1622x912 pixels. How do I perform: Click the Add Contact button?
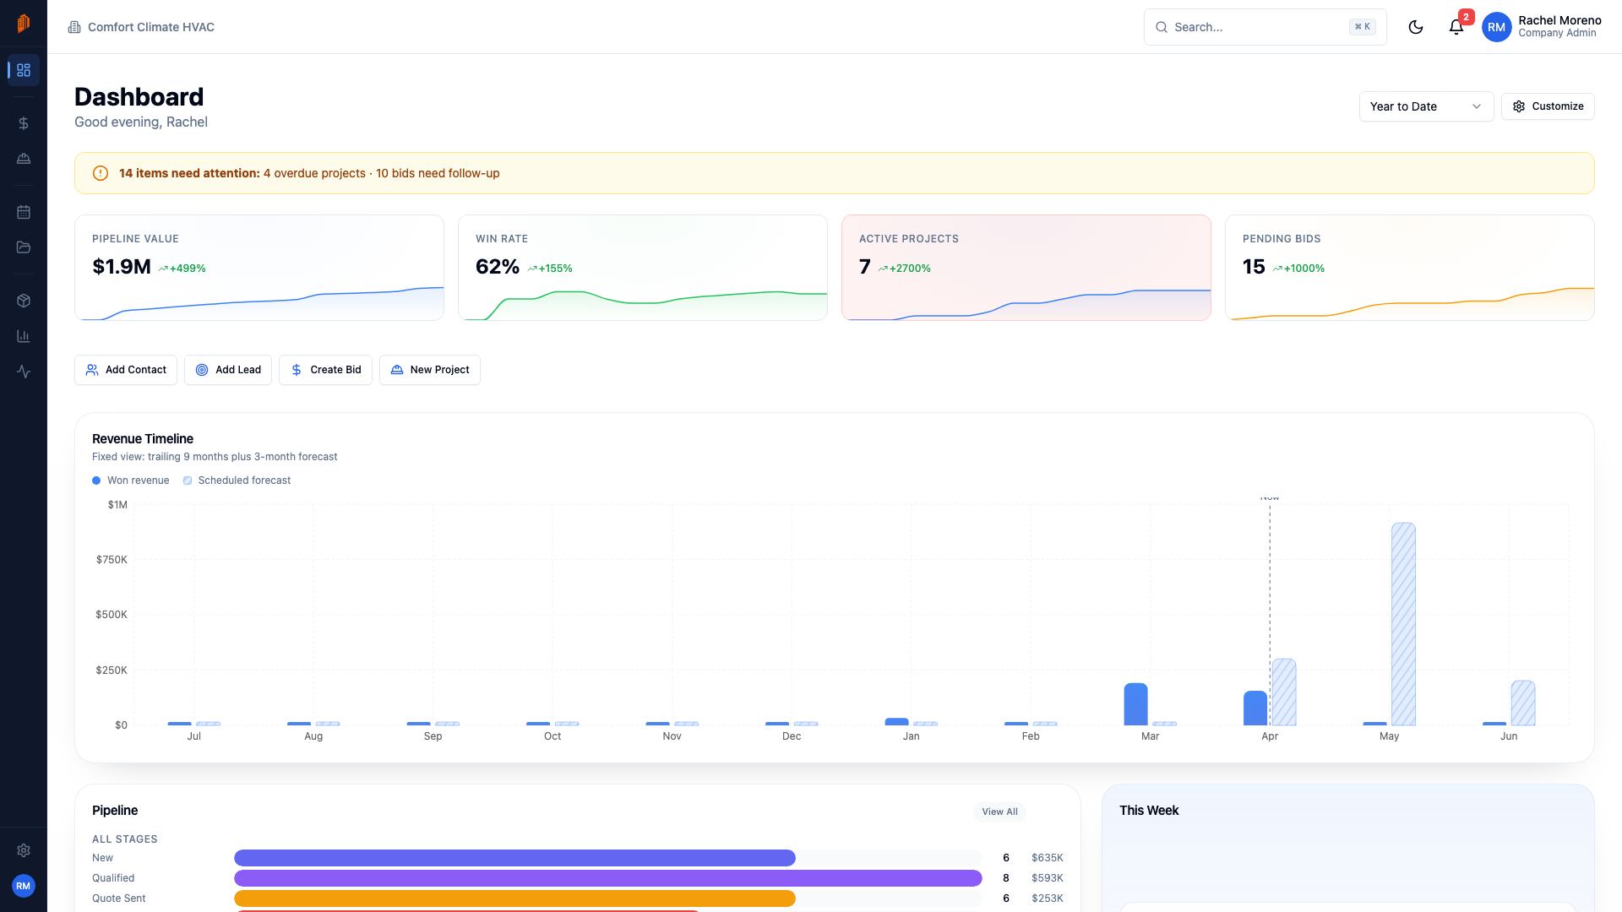126,370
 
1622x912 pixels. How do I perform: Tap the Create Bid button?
325,370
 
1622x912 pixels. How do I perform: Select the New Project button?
430,370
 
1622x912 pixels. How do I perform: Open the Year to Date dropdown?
1426,106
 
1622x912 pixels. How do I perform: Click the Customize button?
1548,106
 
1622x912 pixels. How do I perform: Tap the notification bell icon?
1456,27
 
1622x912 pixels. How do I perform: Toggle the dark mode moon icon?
1416,27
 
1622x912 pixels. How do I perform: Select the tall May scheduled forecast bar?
1403,624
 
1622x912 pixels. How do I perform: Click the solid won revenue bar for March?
1135,704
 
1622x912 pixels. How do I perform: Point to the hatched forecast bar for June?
1523,703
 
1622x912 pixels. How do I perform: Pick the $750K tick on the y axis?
112,560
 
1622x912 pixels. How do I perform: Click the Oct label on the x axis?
552,736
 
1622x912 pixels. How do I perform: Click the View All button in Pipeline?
999,812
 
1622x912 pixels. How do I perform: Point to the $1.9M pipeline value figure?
122,267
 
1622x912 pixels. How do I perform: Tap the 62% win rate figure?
498,267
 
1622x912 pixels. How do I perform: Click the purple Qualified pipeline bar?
607,878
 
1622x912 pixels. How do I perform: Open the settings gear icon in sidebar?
24,850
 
